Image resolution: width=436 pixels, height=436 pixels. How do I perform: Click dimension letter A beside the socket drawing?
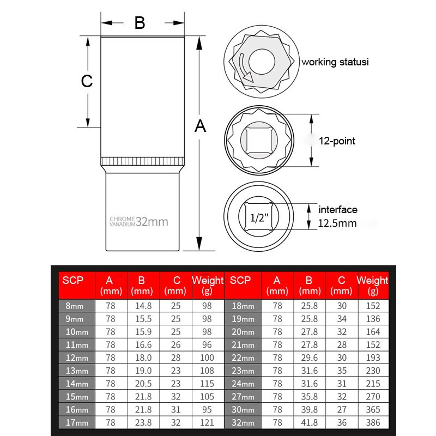pyautogui.click(x=201, y=126)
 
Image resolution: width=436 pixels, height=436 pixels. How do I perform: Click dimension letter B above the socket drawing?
pyautogui.click(x=140, y=23)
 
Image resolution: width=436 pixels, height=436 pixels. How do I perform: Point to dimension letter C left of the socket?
pyautogui.click(x=87, y=81)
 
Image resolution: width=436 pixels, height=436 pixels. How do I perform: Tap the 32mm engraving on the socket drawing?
pyautogui.click(x=152, y=221)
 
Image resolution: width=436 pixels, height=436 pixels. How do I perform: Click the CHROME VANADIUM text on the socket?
pyautogui.click(x=122, y=221)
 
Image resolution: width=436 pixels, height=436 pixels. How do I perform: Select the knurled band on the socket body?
pyautogui.click(x=142, y=162)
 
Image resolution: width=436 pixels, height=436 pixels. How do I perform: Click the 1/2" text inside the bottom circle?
pyautogui.click(x=259, y=218)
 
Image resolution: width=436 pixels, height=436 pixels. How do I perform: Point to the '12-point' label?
pyautogui.click(x=337, y=141)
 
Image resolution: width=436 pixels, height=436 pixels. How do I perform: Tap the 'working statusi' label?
pyautogui.click(x=335, y=62)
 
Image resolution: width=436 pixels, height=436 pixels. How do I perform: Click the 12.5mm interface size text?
pyautogui.click(x=337, y=223)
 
